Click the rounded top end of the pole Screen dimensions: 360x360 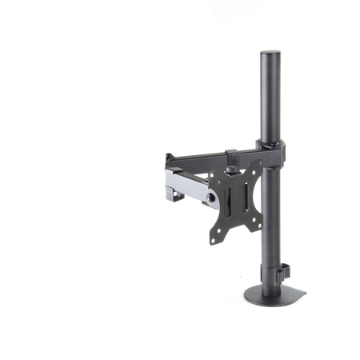pyautogui.click(x=270, y=55)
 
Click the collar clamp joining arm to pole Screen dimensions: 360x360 pyautogui.click(x=271, y=150)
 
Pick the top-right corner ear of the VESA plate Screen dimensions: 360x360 pyautogui.click(x=257, y=166)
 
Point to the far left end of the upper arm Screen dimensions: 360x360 pyautogui.click(x=170, y=158)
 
